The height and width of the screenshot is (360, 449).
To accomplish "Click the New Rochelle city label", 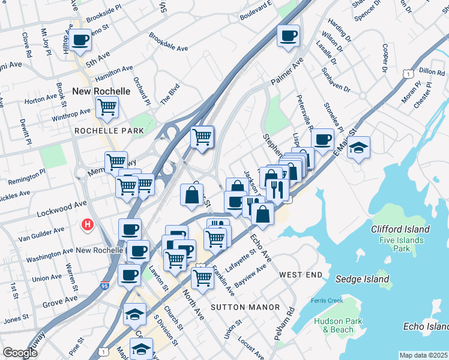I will pyautogui.click(x=101, y=91).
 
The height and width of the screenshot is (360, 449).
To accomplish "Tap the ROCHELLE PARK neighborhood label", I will pyautogui.click(x=109, y=130).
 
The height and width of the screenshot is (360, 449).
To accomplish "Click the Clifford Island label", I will pyautogui.click(x=400, y=229).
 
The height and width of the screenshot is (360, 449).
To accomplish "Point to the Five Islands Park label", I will pyautogui.click(x=402, y=245).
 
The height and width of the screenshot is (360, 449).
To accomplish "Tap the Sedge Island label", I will pyautogui.click(x=363, y=279).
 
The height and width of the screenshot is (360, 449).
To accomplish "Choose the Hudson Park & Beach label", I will pyautogui.click(x=338, y=325).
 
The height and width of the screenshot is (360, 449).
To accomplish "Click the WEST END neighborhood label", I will pyautogui.click(x=301, y=274).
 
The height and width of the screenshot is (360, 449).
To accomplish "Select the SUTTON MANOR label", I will pyautogui.click(x=245, y=307).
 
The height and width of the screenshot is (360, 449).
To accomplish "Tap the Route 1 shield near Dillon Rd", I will pyautogui.click(x=408, y=73).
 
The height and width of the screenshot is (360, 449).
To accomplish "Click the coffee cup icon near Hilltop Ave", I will pyautogui.click(x=80, y=41).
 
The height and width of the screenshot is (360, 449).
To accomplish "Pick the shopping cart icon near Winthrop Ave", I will pyautogui.click(x=107, y=108).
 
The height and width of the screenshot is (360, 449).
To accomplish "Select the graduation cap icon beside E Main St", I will pyautogui.click(x=358, y=148).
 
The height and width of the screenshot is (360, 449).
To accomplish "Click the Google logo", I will pyautogui.click(x=20, y=353).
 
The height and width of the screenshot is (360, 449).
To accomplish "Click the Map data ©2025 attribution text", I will pyautogui.click(x=423, y=355).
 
